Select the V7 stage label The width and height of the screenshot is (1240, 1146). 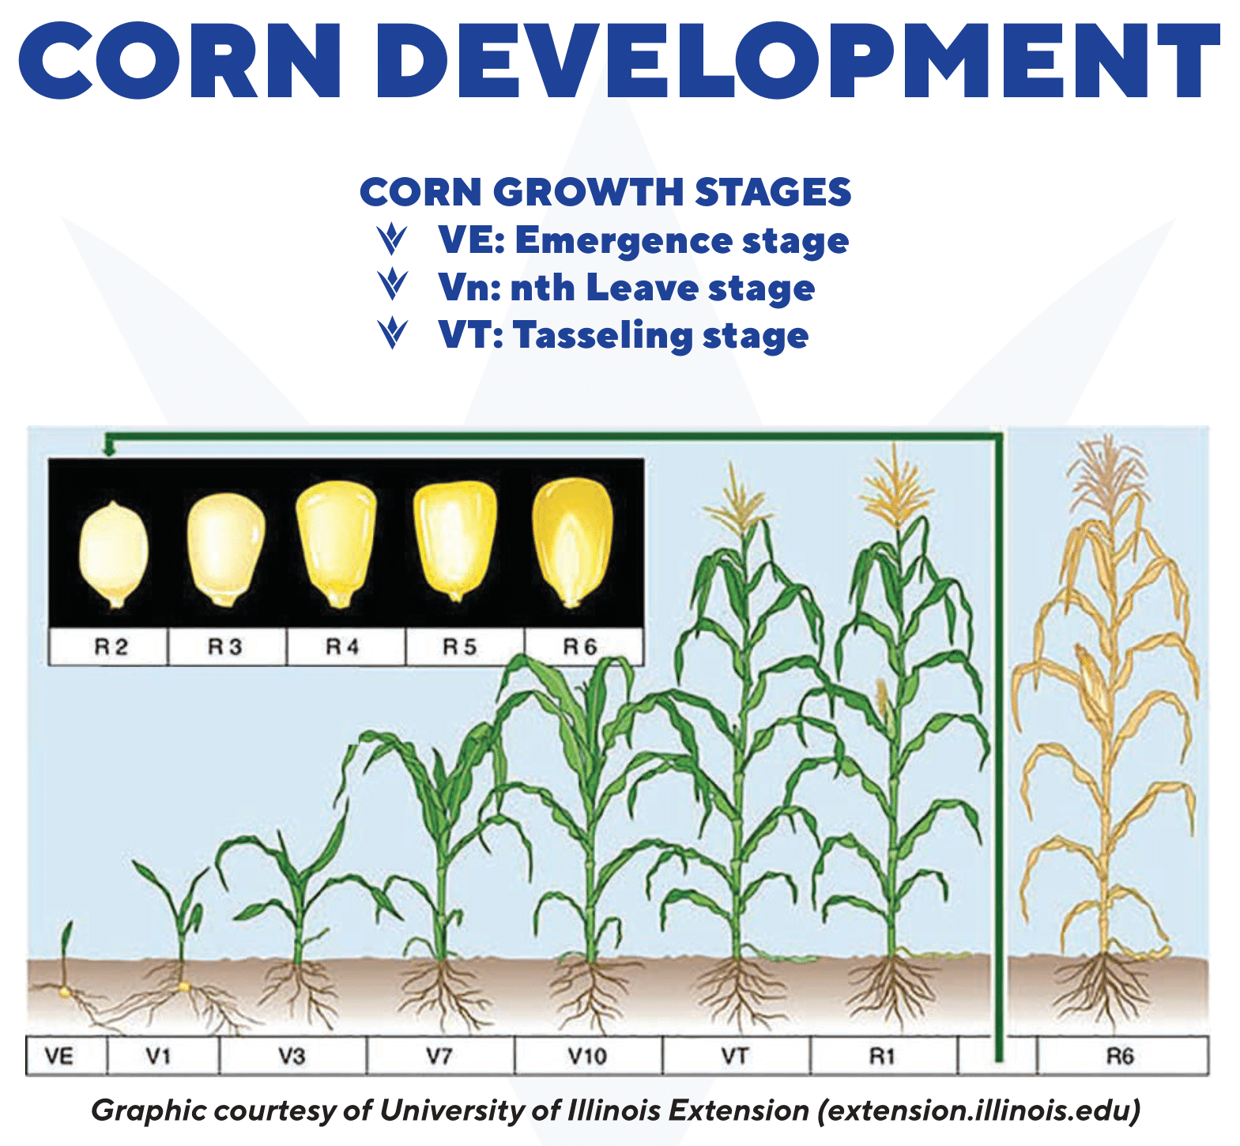[439, 1056]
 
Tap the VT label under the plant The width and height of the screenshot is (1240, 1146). [735, 1056]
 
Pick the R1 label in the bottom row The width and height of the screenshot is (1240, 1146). [882, 1056]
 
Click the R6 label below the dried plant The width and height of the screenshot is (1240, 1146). [1120, 1056]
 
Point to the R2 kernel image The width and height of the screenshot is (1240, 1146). [113, 554]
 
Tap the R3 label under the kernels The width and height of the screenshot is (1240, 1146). [225, 647]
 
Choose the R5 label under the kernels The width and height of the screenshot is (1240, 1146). [460, 647]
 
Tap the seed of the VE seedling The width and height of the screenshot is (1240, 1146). [63, 991]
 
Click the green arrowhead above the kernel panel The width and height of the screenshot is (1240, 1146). [109, 450]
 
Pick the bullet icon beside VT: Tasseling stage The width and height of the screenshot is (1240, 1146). [392, 334]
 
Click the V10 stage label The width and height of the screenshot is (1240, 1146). [587, 1056]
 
